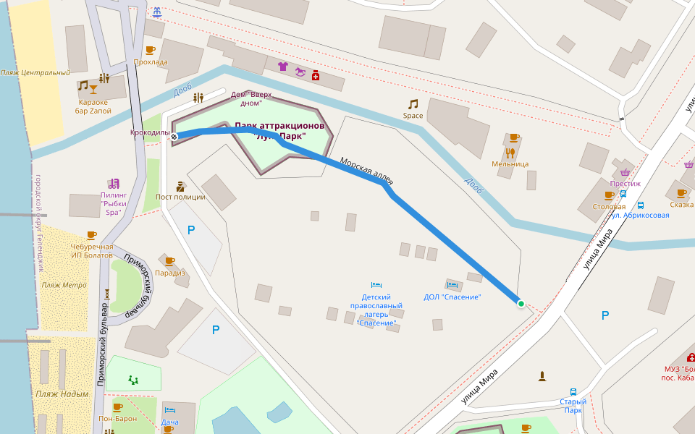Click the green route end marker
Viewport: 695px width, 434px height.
coord(521,303)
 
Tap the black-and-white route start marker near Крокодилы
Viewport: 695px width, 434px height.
coord(174,136)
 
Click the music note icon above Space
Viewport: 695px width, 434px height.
coord(413,104)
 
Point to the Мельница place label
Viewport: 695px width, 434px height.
coord(510,163)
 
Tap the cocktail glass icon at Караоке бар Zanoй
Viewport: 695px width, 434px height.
coord(93,88)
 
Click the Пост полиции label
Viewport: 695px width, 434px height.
coord(180,197)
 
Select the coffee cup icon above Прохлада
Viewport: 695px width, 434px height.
coord(150,50)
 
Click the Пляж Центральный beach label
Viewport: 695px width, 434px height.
coord(35,72)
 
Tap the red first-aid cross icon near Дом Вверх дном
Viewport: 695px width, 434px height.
coord(316,75)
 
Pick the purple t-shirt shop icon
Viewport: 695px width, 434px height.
coord(282,67)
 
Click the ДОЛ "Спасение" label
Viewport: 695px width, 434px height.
coord(452,297)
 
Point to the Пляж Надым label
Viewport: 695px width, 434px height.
coord(62,394)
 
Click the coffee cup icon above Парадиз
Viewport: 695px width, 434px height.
coord(169,261)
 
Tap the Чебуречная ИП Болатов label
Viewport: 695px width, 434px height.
coord(91,251)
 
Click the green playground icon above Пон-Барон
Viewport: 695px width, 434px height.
coord(133,379)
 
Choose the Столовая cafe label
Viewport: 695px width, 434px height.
coord(608,206)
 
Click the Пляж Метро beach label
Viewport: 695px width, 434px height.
coord(64,285)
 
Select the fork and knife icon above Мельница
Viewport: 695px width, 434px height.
coord(510,153)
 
